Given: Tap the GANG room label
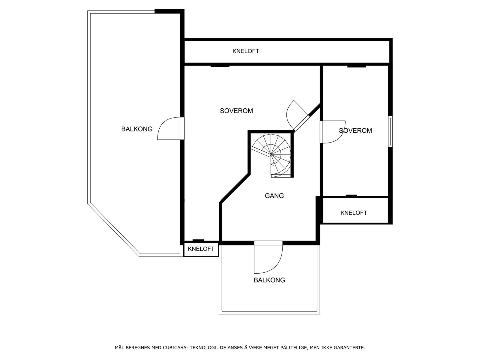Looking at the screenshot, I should coord(274,196).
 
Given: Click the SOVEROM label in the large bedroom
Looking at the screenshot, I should coord(236,111).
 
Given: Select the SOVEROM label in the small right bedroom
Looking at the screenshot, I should coord(355,131).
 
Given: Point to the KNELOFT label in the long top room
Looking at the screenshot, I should coord(246,51).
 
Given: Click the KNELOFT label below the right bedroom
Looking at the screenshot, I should coord(354,213).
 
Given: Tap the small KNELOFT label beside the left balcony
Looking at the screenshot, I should coord(201,249).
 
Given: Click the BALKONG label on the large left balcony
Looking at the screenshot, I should coord(137,129).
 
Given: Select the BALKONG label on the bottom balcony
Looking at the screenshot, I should coord(269,280).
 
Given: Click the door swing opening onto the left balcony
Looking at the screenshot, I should coord(168,129).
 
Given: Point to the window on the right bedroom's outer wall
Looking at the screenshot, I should coord(390,131).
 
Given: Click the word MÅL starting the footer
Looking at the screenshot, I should coord(120,348).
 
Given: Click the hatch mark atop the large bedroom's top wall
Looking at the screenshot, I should coord(220,66).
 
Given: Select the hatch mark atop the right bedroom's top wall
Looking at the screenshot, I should coord(357,66).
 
